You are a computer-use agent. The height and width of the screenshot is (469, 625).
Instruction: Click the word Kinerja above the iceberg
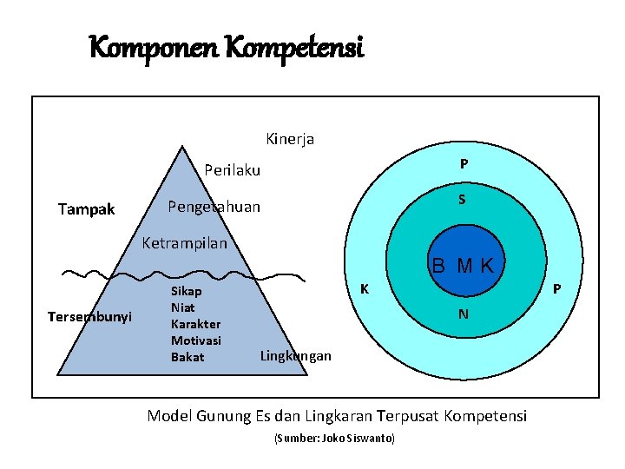point(290,138)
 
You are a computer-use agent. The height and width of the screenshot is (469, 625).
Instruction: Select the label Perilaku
point(232,170)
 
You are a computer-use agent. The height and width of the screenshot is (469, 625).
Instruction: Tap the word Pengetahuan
point(213,208)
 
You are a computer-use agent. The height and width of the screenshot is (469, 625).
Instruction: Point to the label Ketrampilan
point(184,243)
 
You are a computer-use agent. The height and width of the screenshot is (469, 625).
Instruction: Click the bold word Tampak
point(86,208)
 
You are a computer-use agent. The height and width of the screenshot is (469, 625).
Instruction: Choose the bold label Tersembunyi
point(89,317)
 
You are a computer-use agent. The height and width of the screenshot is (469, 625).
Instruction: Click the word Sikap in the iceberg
point(186,292)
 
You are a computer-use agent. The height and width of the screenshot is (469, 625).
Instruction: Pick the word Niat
point(182,307)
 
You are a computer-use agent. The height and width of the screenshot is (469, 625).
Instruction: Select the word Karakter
point(195,324)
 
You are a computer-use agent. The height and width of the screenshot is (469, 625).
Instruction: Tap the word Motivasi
point(195,340)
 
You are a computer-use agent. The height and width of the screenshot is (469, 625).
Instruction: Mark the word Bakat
point(187,356)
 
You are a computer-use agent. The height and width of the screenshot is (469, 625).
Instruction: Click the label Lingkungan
point(295,356)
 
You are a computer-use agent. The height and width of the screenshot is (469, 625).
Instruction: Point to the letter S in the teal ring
point(463,200)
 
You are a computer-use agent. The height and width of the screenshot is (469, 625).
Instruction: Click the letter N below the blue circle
point(464,314)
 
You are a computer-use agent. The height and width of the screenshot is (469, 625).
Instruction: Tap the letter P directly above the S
point(464,163)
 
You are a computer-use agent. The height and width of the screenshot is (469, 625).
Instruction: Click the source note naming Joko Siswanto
point(334,439)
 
